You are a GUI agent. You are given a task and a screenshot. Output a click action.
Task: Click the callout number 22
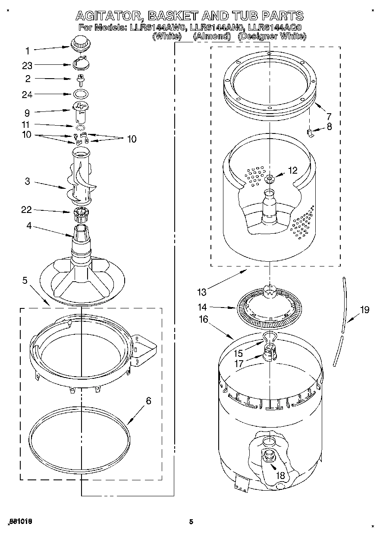pos(27,210)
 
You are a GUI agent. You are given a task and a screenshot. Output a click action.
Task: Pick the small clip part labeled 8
pos(309,132)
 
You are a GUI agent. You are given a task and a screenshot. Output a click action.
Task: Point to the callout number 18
pos(280,475)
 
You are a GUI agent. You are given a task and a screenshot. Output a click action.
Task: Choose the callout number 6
pos(148,400)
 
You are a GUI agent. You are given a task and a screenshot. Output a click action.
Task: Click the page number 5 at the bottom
pos(191,522)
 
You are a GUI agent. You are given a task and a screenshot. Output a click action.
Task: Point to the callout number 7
pos(329,116)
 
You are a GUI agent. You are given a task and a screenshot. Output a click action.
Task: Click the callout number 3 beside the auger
pos(27,181)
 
